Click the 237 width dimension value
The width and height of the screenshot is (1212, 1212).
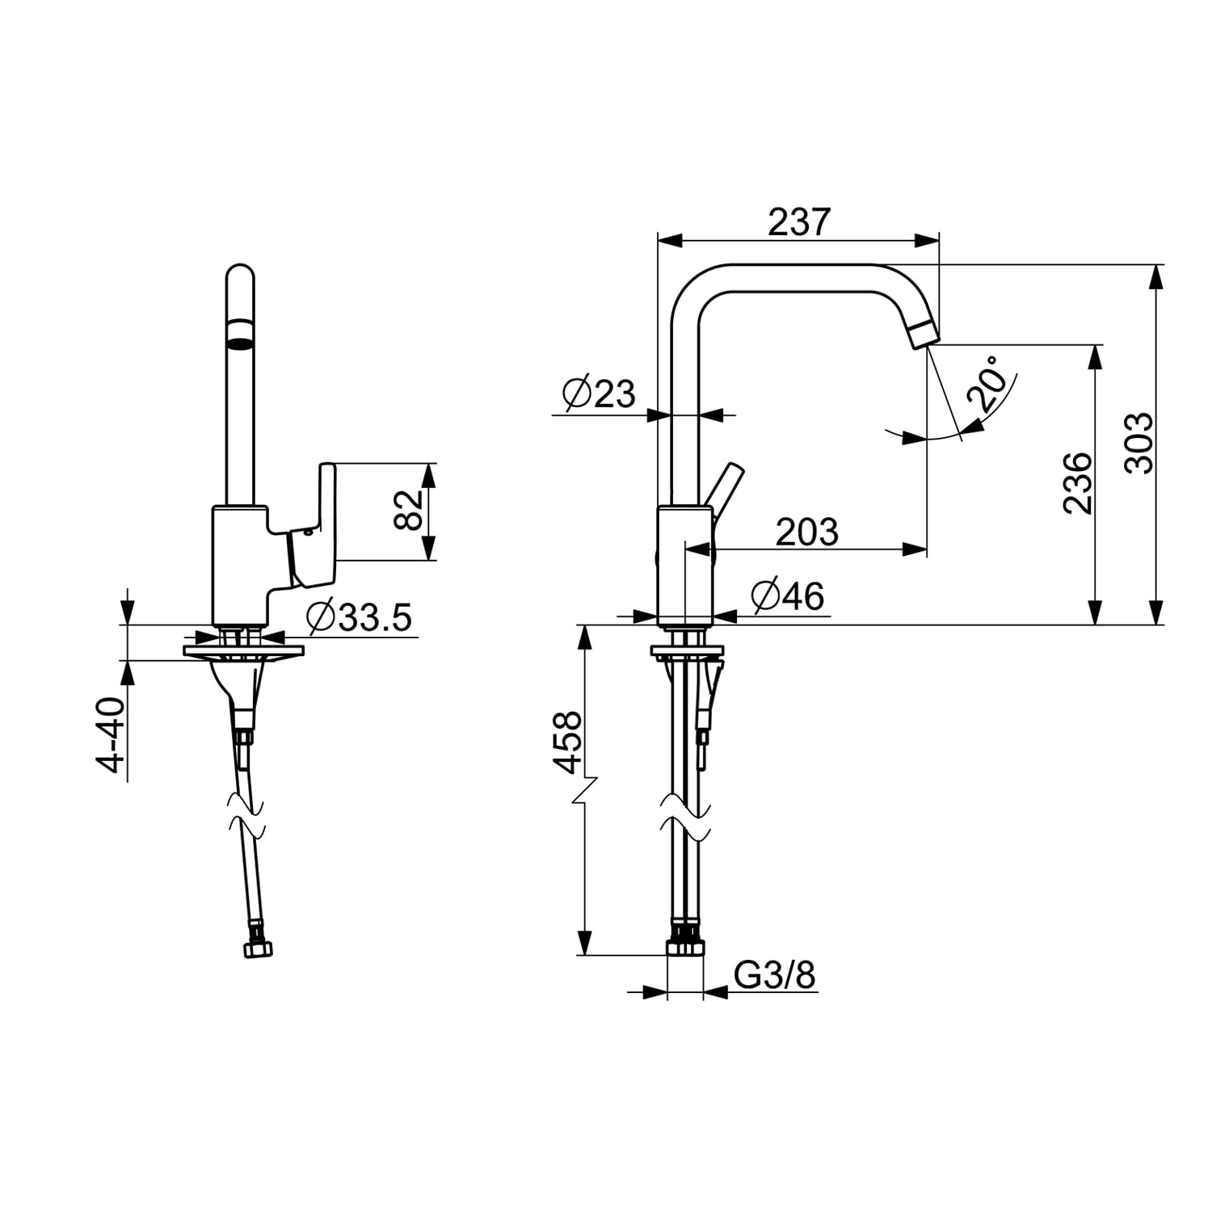798,221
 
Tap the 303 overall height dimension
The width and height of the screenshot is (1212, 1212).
1139,442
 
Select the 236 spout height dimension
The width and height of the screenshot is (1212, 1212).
1078,482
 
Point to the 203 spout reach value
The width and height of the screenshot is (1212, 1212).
807,532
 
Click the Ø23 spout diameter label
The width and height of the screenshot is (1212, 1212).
599,393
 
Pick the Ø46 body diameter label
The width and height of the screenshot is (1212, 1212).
787,596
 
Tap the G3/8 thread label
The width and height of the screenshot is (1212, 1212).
775,975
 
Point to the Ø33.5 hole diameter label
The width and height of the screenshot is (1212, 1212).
360,618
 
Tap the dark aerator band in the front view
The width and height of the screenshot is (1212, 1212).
240,333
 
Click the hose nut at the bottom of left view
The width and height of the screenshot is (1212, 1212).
258,949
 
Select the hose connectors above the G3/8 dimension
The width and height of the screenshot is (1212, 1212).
685,945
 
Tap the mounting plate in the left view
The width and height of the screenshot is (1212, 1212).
243,650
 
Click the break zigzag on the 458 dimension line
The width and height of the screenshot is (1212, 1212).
584,791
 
